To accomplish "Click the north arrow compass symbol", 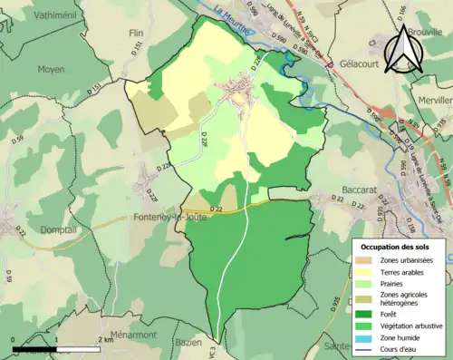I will tap(404, 47).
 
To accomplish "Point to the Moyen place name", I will tap(52, 69).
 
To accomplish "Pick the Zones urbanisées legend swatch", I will tap(366, 261).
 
